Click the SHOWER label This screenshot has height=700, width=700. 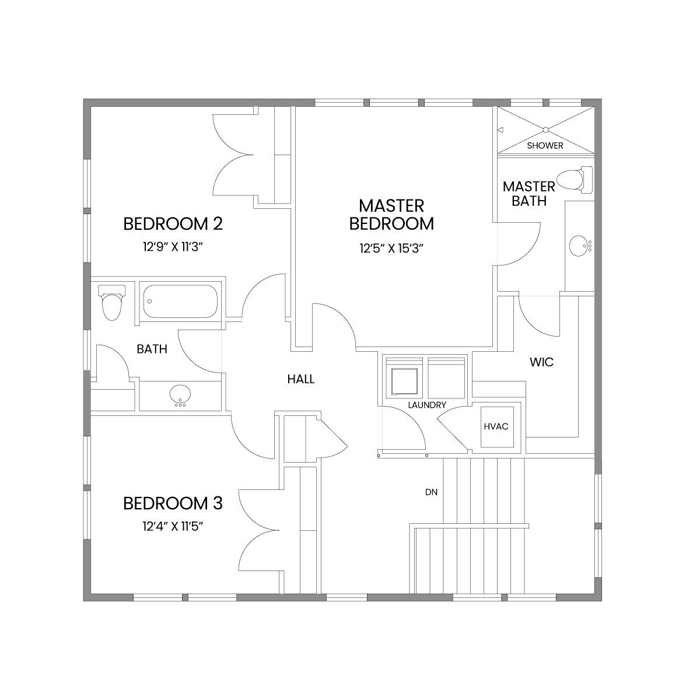[x=545, y=146]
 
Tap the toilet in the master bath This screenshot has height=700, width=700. [x=575, y=180]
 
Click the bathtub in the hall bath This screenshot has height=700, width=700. [x=180, y=301]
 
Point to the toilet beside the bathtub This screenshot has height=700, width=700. [x=112, y=303]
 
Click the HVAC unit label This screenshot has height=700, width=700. [x=496, y=426]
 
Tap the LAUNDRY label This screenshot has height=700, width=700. [x=427, y=405]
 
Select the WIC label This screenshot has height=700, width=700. [x=541, y=362]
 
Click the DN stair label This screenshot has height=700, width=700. [x=431, y=492]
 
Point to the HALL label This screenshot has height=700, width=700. [x=301, y=379]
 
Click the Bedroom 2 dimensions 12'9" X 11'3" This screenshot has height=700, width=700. [x=173, y=247]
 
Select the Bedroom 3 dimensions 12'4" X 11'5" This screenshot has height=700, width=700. [x=173, y=526]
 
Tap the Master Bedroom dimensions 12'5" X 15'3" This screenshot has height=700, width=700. [x=392, y=249]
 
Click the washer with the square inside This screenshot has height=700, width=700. [x=404, y=378]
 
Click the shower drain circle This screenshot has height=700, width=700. [x=545, y=129]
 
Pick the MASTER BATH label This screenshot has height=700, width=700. [x=529, y=194]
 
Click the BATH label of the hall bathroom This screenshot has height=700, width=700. [x=152, y=349]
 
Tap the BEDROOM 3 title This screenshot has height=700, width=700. [x=173, y=503]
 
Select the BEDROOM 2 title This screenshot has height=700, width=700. [x=173, y=224]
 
